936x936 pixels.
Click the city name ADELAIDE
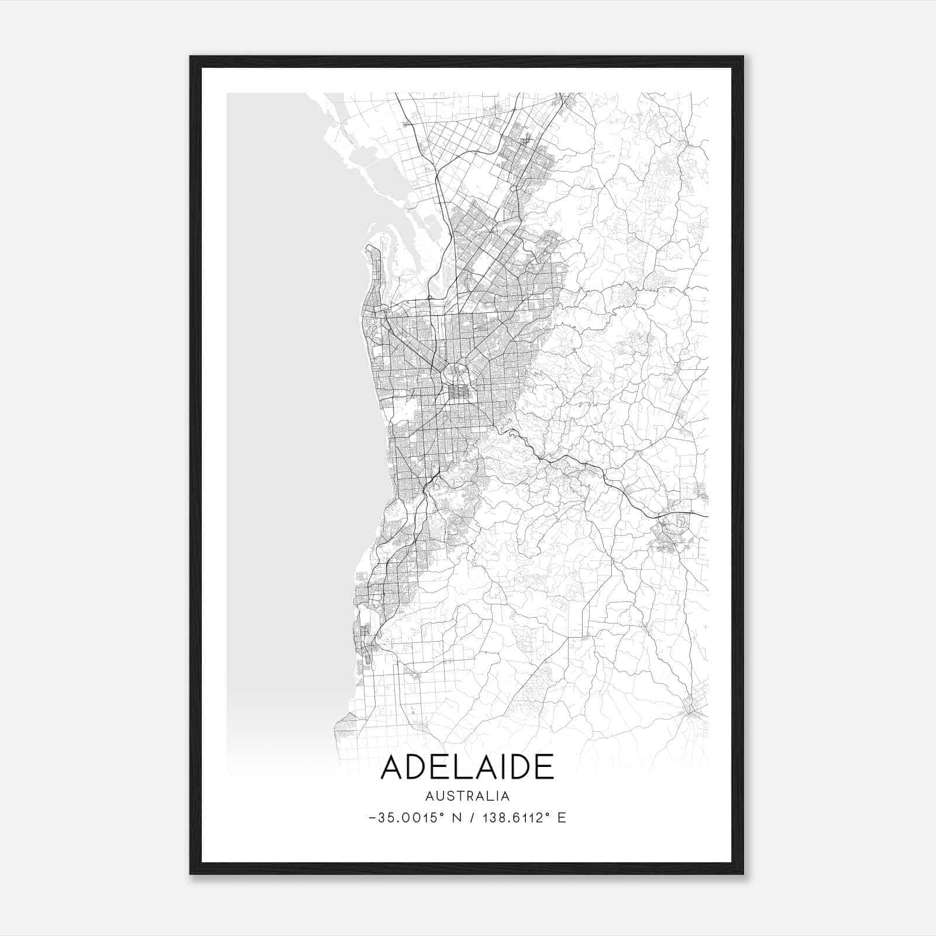click(467, 768)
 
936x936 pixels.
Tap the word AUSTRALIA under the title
click(467, 796)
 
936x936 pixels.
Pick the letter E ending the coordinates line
click(562, 818)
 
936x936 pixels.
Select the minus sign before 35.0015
click(373, 818)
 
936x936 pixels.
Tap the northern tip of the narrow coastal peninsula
click(369, 248)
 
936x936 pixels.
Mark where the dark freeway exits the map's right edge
click(707, 516)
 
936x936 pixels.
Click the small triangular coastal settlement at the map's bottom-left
click(346, 724)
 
